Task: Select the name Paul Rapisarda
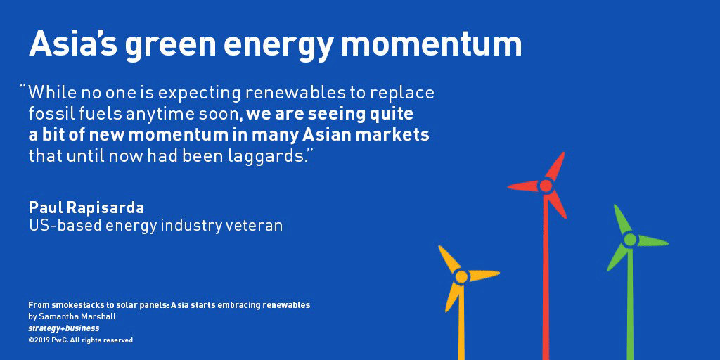(x=86, y=207)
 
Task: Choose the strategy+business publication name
(x=64, y=328)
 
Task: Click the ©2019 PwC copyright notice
(x=80, y=340)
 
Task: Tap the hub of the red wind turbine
(x=546, y=186)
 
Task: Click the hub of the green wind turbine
(x=630, y=239)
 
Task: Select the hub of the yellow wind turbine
(x=461, y=277)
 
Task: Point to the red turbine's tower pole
(x=546, y=276)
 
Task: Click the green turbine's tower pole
(x=630, y=303)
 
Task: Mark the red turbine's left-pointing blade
(x=523, y=186)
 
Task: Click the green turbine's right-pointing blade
(x=652, y=240)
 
